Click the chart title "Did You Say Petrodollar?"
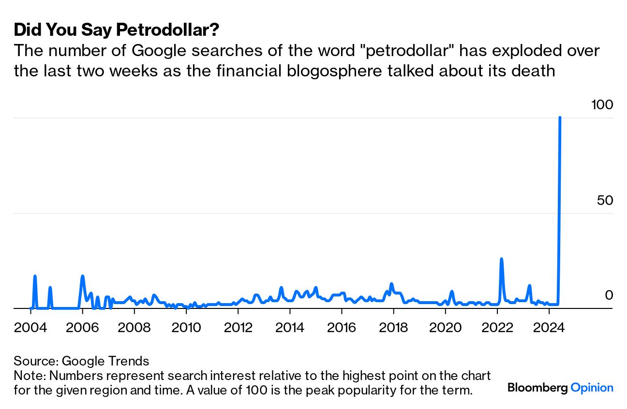[117, 30]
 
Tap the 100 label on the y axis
[602, 104]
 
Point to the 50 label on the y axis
[605, 200]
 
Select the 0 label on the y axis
[609, 295]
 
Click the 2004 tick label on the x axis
[30, 328]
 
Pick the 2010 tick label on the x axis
[186, 328]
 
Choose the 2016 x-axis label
[342, 328]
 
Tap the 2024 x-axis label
[549, 328]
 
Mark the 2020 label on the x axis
[446, 328]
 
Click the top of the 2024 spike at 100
[560, 117]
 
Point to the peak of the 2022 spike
[501, 259]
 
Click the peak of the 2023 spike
[530, 285]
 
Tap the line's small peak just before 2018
[391, 284]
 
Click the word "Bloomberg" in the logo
[537, 388]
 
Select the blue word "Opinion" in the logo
[592, 388]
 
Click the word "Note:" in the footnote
[28, 376]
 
